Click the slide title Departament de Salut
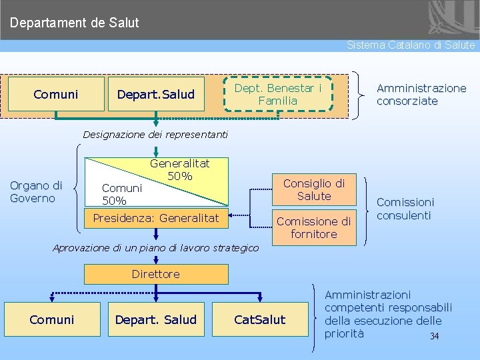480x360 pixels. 75,23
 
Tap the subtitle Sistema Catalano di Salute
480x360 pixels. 411,45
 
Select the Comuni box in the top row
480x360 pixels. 56,95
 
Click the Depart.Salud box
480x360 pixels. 156,95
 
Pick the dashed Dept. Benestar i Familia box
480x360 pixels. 278,94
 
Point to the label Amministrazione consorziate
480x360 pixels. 421,95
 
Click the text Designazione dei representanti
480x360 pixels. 155,135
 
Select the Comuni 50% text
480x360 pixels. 122,194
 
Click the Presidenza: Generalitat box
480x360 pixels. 156,218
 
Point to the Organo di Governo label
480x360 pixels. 36,192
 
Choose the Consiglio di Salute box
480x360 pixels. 314,190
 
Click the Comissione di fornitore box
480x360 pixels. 313,227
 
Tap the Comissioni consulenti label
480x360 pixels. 405,209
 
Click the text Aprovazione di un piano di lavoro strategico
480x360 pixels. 155,248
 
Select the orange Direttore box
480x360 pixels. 156,274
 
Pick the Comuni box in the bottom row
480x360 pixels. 52,320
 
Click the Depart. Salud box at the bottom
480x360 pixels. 156,320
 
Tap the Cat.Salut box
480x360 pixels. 260,320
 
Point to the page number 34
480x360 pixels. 435,336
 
